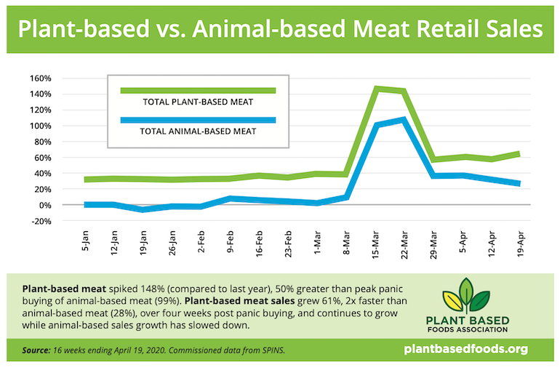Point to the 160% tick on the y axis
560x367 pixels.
tap(61, 78)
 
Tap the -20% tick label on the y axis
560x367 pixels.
tap(61, 221)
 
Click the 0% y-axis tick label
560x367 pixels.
tap(65, 205)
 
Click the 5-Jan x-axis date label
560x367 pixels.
tap(87, 243)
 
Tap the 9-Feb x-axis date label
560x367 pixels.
tap(231, 243)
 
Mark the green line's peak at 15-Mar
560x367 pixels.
tap(376, 89)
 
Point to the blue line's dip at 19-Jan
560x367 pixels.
tap(144, 209)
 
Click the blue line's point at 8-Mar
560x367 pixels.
tap(347, 197)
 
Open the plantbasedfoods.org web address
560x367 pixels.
tap(476, 350)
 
